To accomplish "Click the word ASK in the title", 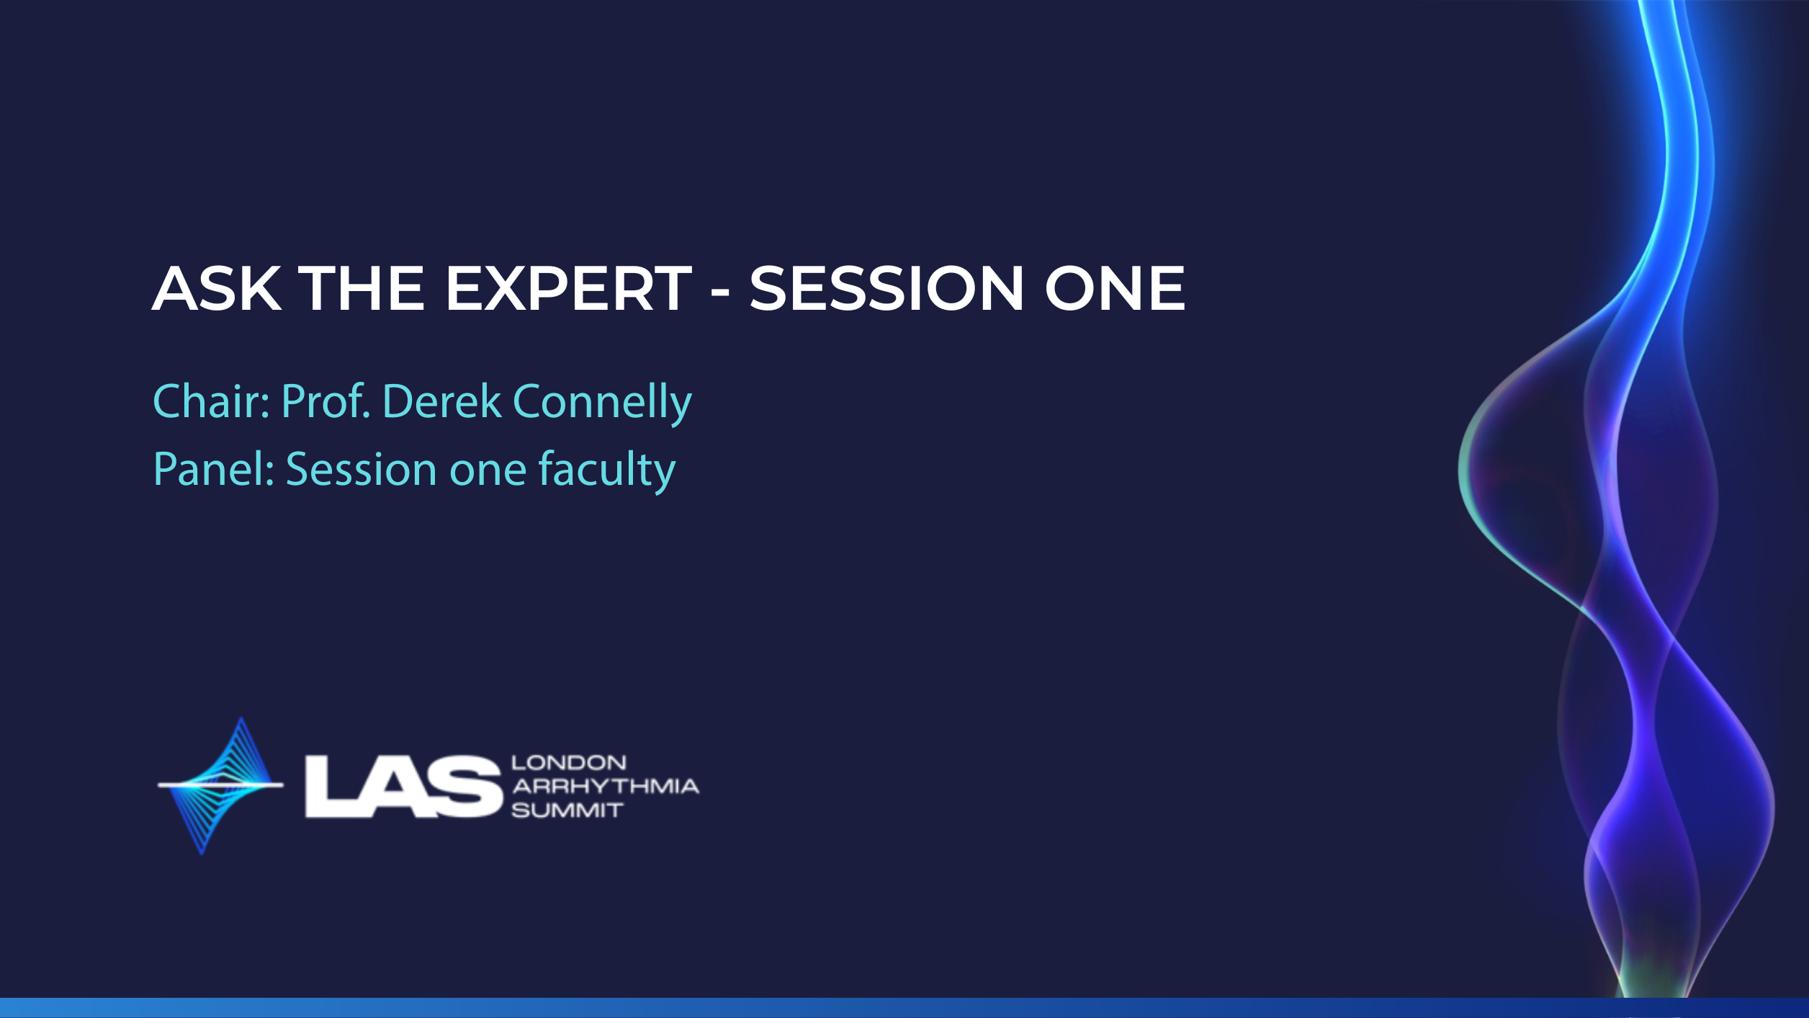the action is coord(217,288).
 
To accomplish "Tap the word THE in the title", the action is coord(362,288).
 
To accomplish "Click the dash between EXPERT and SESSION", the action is coord(720,293).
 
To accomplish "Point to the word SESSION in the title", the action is coord(886,288).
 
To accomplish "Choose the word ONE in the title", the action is coord(1115,288).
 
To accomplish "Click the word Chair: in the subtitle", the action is coord(212,401).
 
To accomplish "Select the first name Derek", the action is coord(442,401).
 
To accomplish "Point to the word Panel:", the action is coord(214,469).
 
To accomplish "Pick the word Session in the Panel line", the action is coord(362,469).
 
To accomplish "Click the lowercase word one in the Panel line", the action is coord(488,473).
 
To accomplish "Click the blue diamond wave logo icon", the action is coord(220,785).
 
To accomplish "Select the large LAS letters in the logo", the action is coord(403,787).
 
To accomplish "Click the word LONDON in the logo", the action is coord(569,762).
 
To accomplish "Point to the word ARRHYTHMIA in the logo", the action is coord(606,786).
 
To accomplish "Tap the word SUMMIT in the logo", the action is coord(567,811).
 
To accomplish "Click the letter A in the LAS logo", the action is coord(398,787).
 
